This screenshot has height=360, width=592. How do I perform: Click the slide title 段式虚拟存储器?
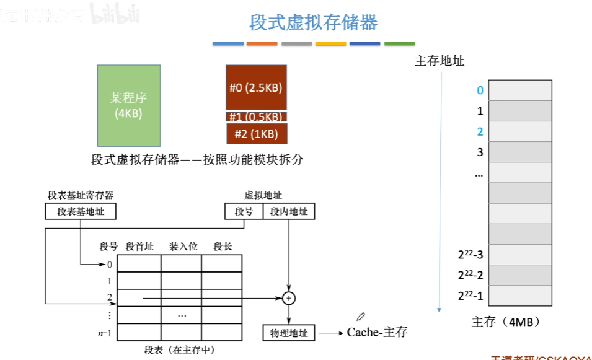coord(313,23)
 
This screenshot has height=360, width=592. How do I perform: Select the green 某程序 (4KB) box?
coord(129,105)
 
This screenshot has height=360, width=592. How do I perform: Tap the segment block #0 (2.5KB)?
coord(256,87)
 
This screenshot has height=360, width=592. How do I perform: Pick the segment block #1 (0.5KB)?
coord(256,116)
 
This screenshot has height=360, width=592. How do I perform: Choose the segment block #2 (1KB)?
coord(256,133)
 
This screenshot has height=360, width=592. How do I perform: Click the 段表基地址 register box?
coord(81,212)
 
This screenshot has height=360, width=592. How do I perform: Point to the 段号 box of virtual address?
coord(244,212)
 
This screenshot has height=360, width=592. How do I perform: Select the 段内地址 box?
coord(289,212)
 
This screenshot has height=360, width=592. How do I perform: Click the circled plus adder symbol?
coord(288,298)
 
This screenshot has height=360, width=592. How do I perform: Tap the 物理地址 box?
coord(289,333)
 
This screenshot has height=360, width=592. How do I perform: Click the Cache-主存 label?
coord(377,332)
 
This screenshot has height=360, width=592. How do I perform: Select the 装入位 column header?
coord(183,247)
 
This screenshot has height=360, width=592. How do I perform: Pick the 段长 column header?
coord(223,247)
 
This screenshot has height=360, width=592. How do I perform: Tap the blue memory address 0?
coord(479,90)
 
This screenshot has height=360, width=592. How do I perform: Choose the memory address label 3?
coord(479,152)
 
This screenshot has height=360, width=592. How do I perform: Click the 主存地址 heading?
coord(439,61)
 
